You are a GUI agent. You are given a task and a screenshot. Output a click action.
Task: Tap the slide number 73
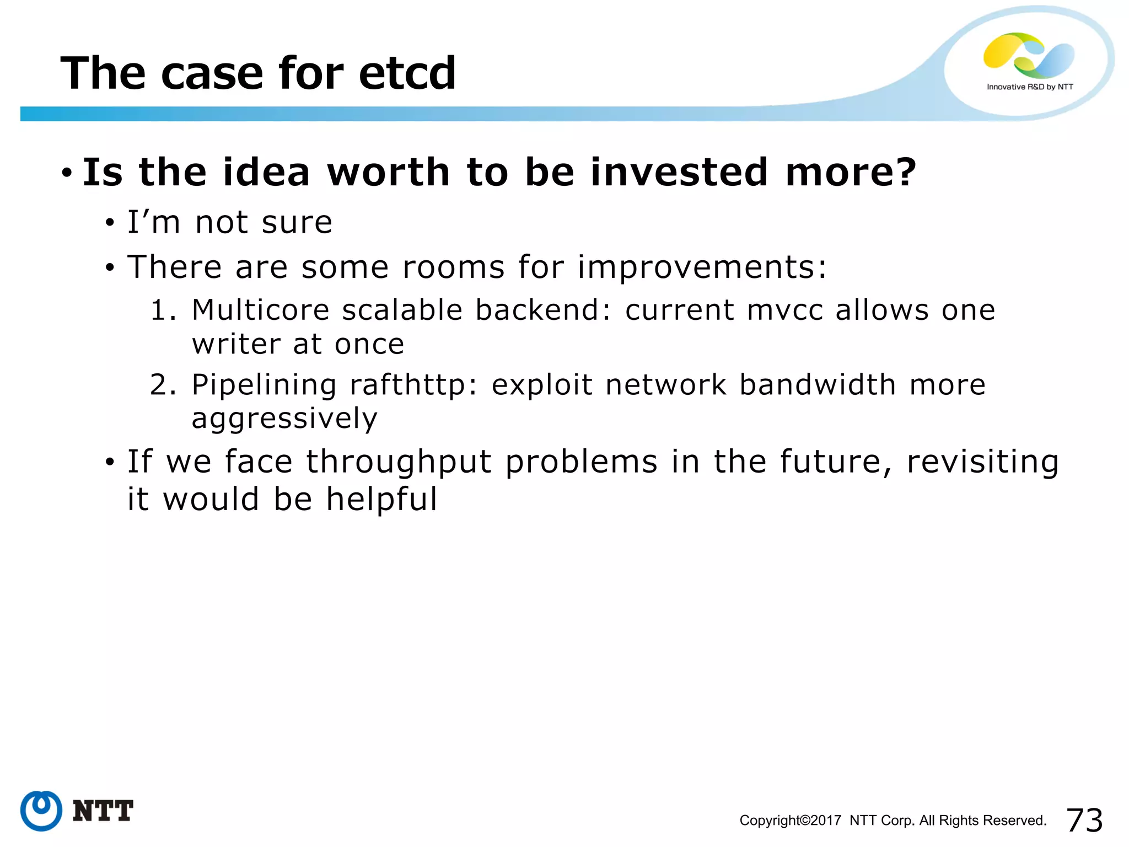[1084, 820]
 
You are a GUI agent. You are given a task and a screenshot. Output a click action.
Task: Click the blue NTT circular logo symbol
[41, 811]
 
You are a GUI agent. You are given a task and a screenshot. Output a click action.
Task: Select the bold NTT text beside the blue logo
[103, 811]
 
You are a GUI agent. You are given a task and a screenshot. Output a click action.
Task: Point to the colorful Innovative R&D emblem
[1029, 55]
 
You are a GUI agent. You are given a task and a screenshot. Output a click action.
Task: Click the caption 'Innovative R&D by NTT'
[1030, 87]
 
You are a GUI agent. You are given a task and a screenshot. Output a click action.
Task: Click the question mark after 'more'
[905, 172]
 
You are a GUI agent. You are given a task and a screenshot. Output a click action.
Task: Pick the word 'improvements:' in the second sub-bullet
[702, 267]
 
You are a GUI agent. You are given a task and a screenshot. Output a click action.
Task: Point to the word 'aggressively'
[284, 419]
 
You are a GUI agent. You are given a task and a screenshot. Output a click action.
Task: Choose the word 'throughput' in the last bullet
[399, 462]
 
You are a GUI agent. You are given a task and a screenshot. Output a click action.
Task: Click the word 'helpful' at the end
[381, 500]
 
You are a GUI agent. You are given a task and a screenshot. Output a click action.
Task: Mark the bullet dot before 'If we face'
[110, 462]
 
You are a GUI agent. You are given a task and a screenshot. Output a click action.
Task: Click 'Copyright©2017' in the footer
[790, 821]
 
